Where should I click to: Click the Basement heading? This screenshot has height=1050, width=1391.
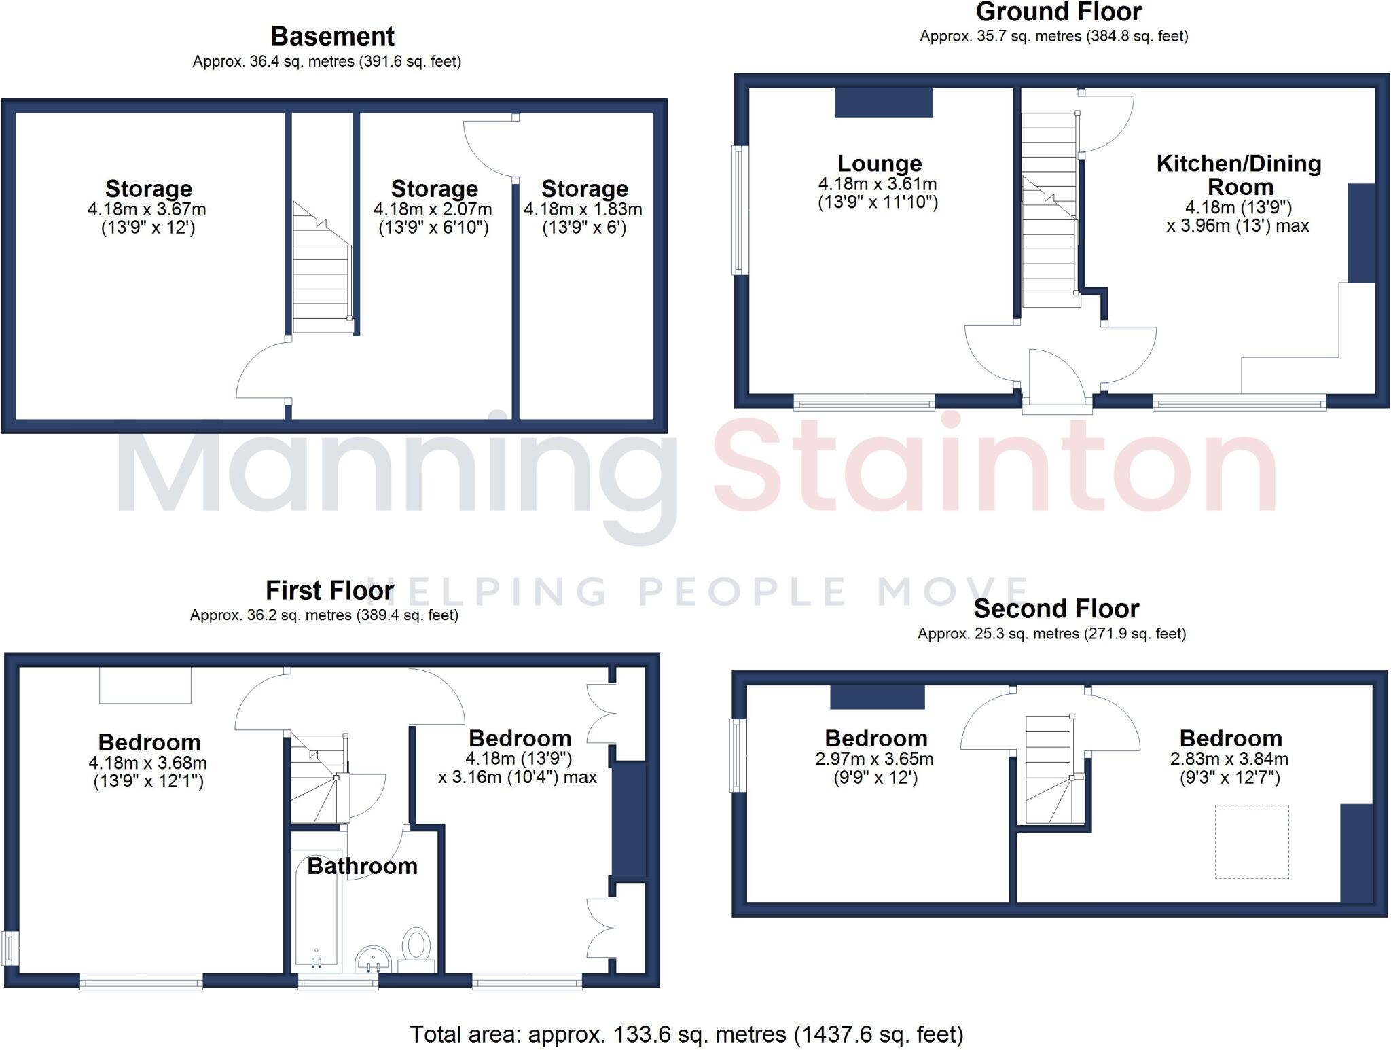tap(332, 36)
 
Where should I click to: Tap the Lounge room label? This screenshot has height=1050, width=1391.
tap(879, 163)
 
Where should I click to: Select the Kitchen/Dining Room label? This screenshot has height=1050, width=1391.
tap(1239, 175)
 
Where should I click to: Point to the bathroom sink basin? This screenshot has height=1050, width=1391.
tap(373, 958)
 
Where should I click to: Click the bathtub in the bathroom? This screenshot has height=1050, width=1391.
tap(317, 910)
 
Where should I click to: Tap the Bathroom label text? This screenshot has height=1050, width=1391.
tap(362, 866)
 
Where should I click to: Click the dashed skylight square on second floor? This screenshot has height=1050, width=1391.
tap(1252, 841)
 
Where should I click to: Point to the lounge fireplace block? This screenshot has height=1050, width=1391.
tap(884, 103)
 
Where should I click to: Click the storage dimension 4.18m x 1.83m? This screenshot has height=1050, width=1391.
tap(583, 209)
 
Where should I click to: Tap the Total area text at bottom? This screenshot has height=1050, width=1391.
tap(686, 1034)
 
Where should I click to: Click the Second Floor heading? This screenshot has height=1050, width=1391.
tap(1056, 609)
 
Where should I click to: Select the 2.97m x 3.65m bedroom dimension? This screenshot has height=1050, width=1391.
tap(874, 759)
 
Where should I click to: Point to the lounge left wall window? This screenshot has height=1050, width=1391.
tap(738, 210)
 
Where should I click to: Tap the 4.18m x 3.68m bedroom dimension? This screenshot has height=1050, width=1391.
tap(147, 763)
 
